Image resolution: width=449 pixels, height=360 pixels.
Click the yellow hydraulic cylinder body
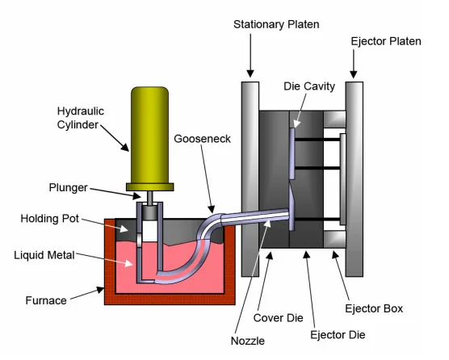(x=149, y=135)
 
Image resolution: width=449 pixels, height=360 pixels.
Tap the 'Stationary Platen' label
(x=276, y=24)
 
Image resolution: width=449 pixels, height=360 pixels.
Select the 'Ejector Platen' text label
(x=386, y=41)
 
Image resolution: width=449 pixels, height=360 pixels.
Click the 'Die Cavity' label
(x=309, y=86)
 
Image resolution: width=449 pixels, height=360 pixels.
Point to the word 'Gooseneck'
(x=202, y=139)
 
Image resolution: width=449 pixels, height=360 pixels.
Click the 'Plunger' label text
(x=68, y=188)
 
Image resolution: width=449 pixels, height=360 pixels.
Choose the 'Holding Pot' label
(x=50, y=219)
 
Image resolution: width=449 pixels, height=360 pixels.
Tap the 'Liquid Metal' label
(x=44, y=255)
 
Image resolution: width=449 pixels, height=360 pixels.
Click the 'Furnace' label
(x=46, y=300)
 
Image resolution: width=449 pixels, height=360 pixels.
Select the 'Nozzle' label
(x=248, y=341)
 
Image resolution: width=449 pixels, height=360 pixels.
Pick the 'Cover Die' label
(x=278, y=318)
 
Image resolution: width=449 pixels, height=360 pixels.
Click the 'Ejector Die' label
(x=338, y=335)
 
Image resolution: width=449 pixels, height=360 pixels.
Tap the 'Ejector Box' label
(x=374, y=309)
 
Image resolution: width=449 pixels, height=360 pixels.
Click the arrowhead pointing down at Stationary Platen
(x=250, y=73)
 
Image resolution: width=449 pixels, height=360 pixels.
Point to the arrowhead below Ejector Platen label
(x=354, y=74)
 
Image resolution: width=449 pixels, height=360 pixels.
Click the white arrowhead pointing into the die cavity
(x=297, y=123)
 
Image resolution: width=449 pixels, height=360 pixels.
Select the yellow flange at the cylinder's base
(x=149, y=187)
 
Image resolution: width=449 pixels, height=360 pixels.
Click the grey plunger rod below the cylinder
(x=149, y=198)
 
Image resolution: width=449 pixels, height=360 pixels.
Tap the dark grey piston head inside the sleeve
(x=149, y=212)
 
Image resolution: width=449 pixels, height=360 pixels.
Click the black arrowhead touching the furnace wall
(x=100, y=290)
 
